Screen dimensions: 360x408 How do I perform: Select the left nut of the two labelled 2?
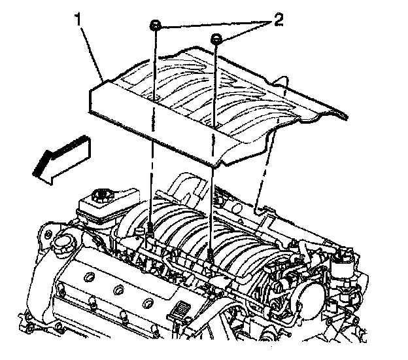[156, 26]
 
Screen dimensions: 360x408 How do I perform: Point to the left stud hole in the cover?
[156, 98]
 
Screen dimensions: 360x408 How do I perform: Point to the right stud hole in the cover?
[215, 122]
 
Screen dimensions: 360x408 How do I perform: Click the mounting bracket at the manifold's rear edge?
[262, 211]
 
